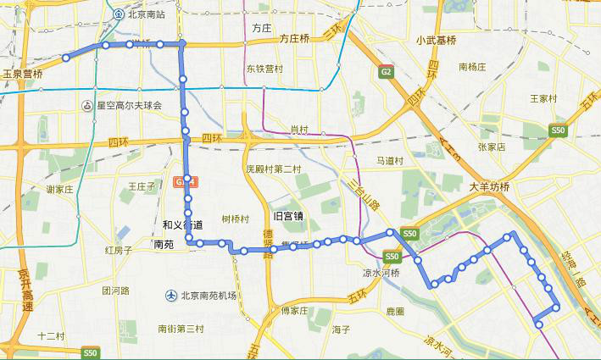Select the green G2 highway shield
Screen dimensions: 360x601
click(x=387, y=74)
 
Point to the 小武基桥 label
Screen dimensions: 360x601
click(x=436, y=40)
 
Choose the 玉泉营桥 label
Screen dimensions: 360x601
click(x=23, y=74)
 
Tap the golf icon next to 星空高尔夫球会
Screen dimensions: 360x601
click(x=87, y=106)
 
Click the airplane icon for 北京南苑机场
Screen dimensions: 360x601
click(x=172, y=295)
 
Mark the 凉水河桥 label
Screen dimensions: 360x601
click(x=381, y=273)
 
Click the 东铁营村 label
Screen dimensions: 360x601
click(x=264, y=69)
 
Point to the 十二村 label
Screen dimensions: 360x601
click(x=51, y=336)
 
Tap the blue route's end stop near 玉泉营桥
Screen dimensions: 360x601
click(x=65, y=58)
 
